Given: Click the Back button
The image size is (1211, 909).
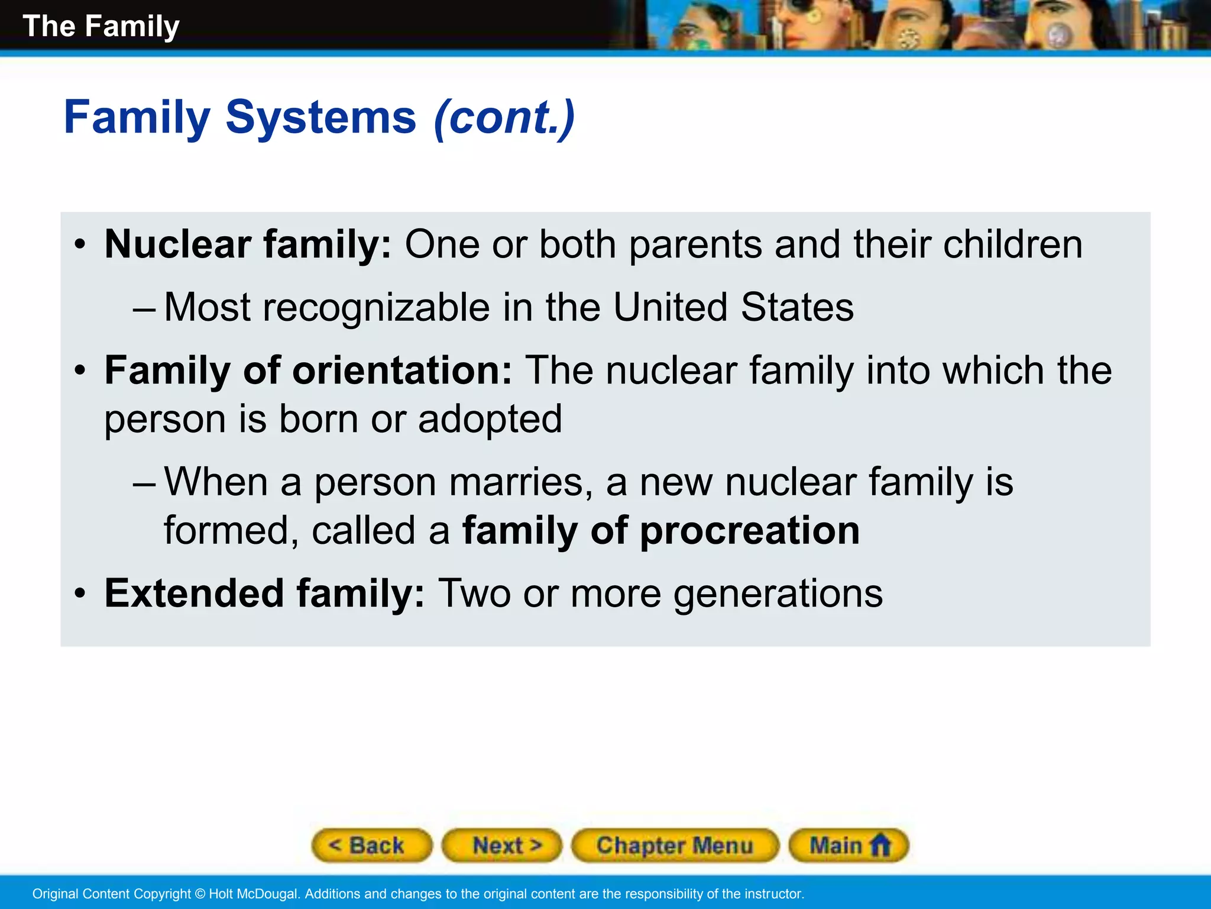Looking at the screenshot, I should pyautogui.click(x=371, y=845).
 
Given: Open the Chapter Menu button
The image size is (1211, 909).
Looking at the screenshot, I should pyautogui.click(x=675, y=845).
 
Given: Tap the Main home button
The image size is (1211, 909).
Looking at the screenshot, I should pyautogui.click(x=849, y=845).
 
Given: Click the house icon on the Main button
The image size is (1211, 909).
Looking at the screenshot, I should pyautogui.click(x=880, y=845).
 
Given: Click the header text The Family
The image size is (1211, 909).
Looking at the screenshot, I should pyautogui.click(x=101, y=27).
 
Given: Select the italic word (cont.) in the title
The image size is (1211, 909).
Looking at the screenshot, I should pyautogui.click(x=504, y=117).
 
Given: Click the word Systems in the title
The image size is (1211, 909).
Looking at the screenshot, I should pyautogui.click(x=320, y=117).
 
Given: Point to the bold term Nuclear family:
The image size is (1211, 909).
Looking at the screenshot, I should pyautogui.click(x=248, y=244).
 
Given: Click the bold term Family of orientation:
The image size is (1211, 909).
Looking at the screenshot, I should pyautogui.click(x=308, y=371).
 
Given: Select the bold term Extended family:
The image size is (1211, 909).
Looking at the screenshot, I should pyautogui.click(x=264, y=594).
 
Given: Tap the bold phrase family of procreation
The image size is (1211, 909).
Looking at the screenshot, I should pyautogui.click(x=660, y=530).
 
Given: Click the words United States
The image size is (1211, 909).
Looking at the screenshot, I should pyautogui.click(x=733, y=307).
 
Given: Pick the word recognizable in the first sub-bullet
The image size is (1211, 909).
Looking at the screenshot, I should pyautogui.click(x=377, y=308).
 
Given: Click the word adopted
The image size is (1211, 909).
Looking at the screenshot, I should pyautogui.click(x=490, y=420).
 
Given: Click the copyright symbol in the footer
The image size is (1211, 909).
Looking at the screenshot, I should pyautogui.click(x=199, y=894).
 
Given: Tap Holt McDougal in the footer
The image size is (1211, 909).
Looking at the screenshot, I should pyautogui.click(x=253, y=894).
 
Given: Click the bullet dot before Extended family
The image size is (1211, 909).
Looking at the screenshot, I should pyautogui.click(x=80, y=594).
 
